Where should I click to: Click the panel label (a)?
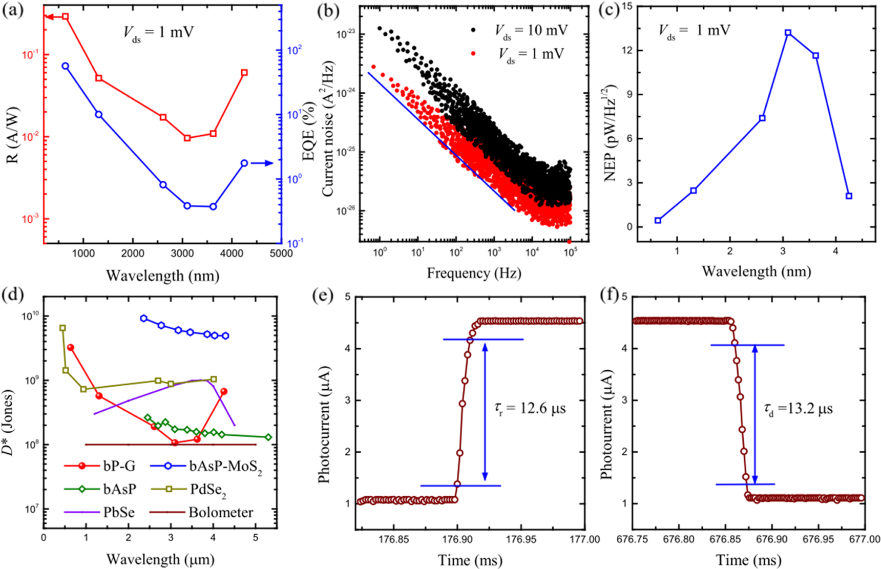(x=13, y=11)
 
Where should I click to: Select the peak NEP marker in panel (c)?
(x=788, y=33)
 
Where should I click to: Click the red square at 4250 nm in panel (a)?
(x=244, y=73)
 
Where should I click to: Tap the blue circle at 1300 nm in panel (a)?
(x=99, y=114)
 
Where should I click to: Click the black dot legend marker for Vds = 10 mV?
(x=473, y=30)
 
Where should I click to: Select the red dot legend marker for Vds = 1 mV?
(x=473, y=53)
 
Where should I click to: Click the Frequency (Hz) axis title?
(x=474, y=273)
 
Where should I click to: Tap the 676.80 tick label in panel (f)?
(x=679, y=539)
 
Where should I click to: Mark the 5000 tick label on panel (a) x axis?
(x=280, y=254)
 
